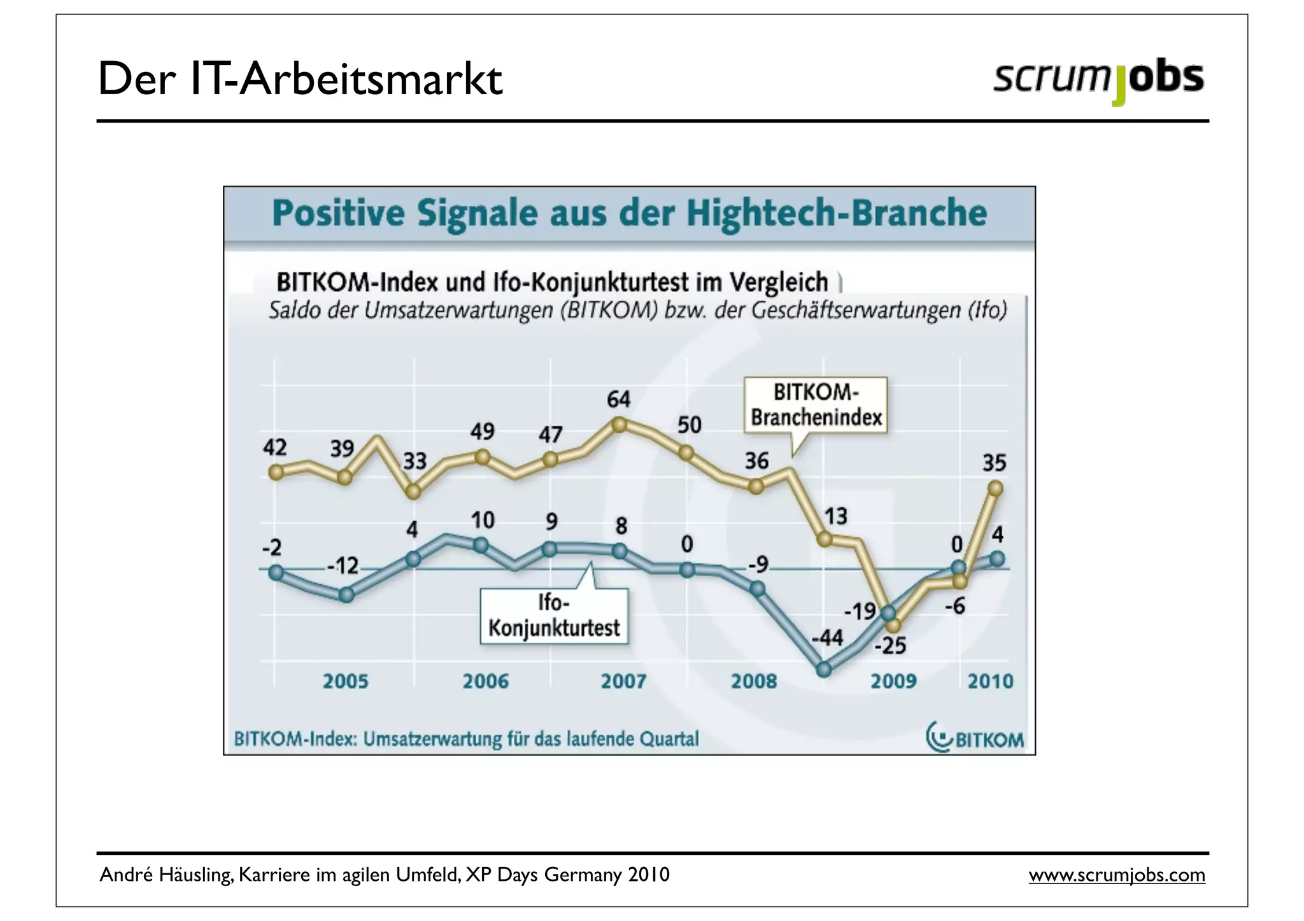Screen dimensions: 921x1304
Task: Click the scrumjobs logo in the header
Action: click(x=1098, y=80)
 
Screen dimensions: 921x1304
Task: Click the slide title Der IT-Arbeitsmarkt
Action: click(x=300, y=80)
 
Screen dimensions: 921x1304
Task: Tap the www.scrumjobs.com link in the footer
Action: click(x=1117, y=875)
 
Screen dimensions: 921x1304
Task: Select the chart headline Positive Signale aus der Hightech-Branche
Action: click(x=629, y=213)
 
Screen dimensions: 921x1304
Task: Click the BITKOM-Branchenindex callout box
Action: click(x=816, y=405)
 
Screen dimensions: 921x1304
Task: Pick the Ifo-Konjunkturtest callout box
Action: click(x=554, y=615)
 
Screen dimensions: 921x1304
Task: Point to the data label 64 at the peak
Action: click(x=618, y=400)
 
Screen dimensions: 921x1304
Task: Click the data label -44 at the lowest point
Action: click(x=827, y=637)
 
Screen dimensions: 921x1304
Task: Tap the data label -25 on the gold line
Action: click(x=889, y=647)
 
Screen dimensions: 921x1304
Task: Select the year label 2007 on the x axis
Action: click(x=623, y=682)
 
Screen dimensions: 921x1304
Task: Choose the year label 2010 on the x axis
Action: click(x=990, y=682)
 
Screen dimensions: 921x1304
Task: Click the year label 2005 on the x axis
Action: click(x=345, y=682)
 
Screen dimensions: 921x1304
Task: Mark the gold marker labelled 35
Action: click(x=996, y=488)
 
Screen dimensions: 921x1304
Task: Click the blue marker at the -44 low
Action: click(x=824, y=669)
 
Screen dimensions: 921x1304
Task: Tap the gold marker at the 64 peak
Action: click(x=619, y=425)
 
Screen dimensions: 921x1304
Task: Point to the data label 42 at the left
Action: click(x=275, y=447)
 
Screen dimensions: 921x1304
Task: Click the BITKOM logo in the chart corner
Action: click(x=975, y=738)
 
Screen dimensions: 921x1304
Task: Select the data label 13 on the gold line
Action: click(x=836, y=516)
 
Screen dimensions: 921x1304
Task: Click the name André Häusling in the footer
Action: click(x=166, y=875)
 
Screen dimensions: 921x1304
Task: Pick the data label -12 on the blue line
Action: click(x=343, y=566)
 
